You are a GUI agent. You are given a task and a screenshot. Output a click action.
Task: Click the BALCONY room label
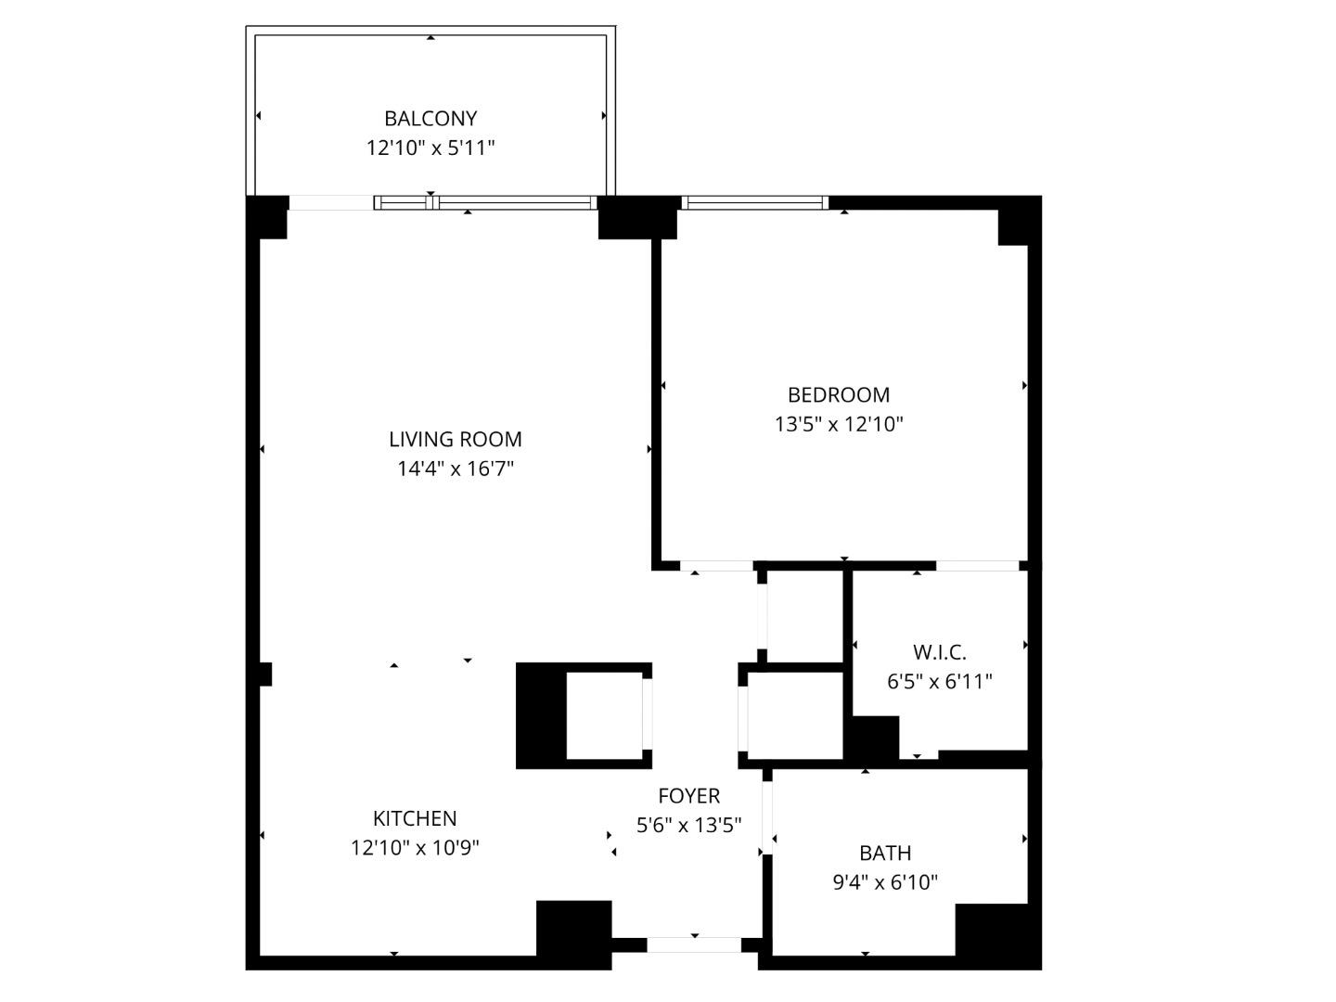tap(430, 119)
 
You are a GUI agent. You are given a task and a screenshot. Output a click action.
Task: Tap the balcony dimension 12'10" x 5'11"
tap(430, 148)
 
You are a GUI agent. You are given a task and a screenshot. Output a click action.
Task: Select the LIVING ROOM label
tap(455, 439)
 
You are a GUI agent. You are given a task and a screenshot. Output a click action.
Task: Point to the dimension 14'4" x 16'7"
tap(455, 469)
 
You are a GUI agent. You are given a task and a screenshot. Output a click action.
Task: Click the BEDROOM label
tap(839, 395)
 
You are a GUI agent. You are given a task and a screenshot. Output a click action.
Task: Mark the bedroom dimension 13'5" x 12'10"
tap(839, 425)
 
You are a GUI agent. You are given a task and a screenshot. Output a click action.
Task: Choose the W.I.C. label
tap(939, 652)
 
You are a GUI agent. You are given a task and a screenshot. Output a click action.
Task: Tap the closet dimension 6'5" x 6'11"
tap(939, 682)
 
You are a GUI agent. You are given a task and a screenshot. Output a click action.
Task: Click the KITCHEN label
tap(415, 818)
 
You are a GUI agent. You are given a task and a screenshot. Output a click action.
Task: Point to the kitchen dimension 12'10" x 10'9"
tap(415, 848)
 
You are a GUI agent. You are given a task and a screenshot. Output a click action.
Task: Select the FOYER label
tap(688, 796)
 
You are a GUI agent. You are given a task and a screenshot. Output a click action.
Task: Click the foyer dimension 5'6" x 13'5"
tap(688, 825)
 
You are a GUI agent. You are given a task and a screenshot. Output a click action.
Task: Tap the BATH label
tap(885, 853)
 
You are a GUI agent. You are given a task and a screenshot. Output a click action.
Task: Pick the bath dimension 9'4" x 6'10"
tap(885, 882)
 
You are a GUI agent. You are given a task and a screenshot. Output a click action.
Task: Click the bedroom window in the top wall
tap(753, 202)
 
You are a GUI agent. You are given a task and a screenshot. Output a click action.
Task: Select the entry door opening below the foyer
tap(693, 945)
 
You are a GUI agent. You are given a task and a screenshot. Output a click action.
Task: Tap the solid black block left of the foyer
tap(541, 716)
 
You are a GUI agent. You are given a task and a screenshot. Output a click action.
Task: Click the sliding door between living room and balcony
tap(483, 202)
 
